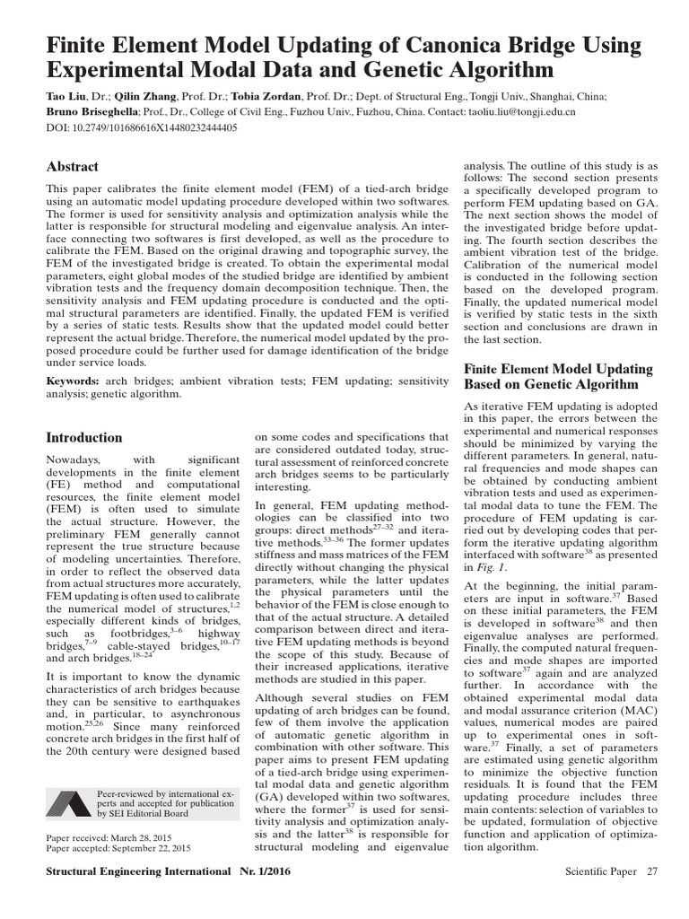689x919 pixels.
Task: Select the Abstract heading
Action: (72, 167)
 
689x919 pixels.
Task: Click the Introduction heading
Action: (83, 438)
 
